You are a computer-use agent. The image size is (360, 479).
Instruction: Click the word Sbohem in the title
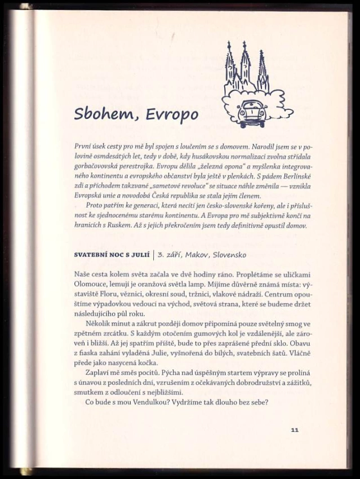(105, 114)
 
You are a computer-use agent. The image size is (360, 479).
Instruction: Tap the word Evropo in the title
(172, 114)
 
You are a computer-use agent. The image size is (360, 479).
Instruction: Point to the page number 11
(294, 429)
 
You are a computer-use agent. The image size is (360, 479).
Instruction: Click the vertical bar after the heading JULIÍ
(153, 255)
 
